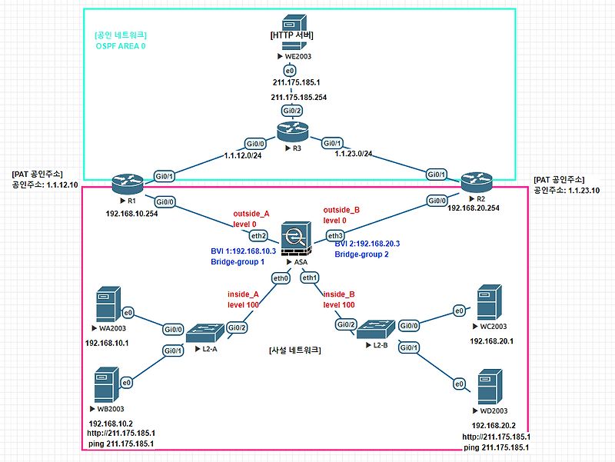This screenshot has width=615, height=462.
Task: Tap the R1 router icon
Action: [127, 184]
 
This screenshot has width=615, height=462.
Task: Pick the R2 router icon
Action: [477, 183]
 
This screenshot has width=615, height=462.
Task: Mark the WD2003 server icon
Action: [493, 387]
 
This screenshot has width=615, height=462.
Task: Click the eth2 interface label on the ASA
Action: [259, 235]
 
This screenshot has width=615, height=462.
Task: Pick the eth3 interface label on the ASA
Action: [334, 235]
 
